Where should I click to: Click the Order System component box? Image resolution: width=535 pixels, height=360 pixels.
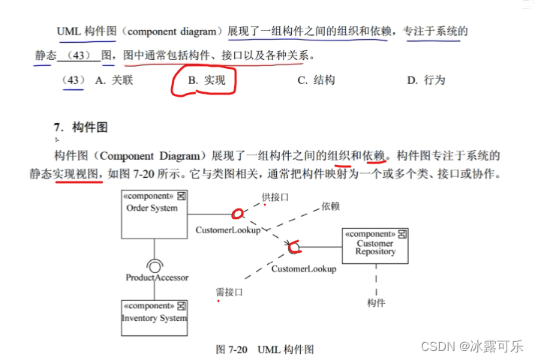154,214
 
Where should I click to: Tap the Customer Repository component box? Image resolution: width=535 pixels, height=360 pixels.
375,246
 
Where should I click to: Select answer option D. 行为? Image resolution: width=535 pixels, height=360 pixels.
426,80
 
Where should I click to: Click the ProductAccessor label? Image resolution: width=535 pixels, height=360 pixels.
157,277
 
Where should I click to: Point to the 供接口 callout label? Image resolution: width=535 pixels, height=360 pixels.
275,196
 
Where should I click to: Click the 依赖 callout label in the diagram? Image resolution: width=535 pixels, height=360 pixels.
331,205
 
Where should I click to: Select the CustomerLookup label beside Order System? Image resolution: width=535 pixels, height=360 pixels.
228,230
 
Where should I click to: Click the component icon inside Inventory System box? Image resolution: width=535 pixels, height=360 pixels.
181,306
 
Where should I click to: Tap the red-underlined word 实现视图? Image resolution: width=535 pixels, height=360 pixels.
77,174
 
